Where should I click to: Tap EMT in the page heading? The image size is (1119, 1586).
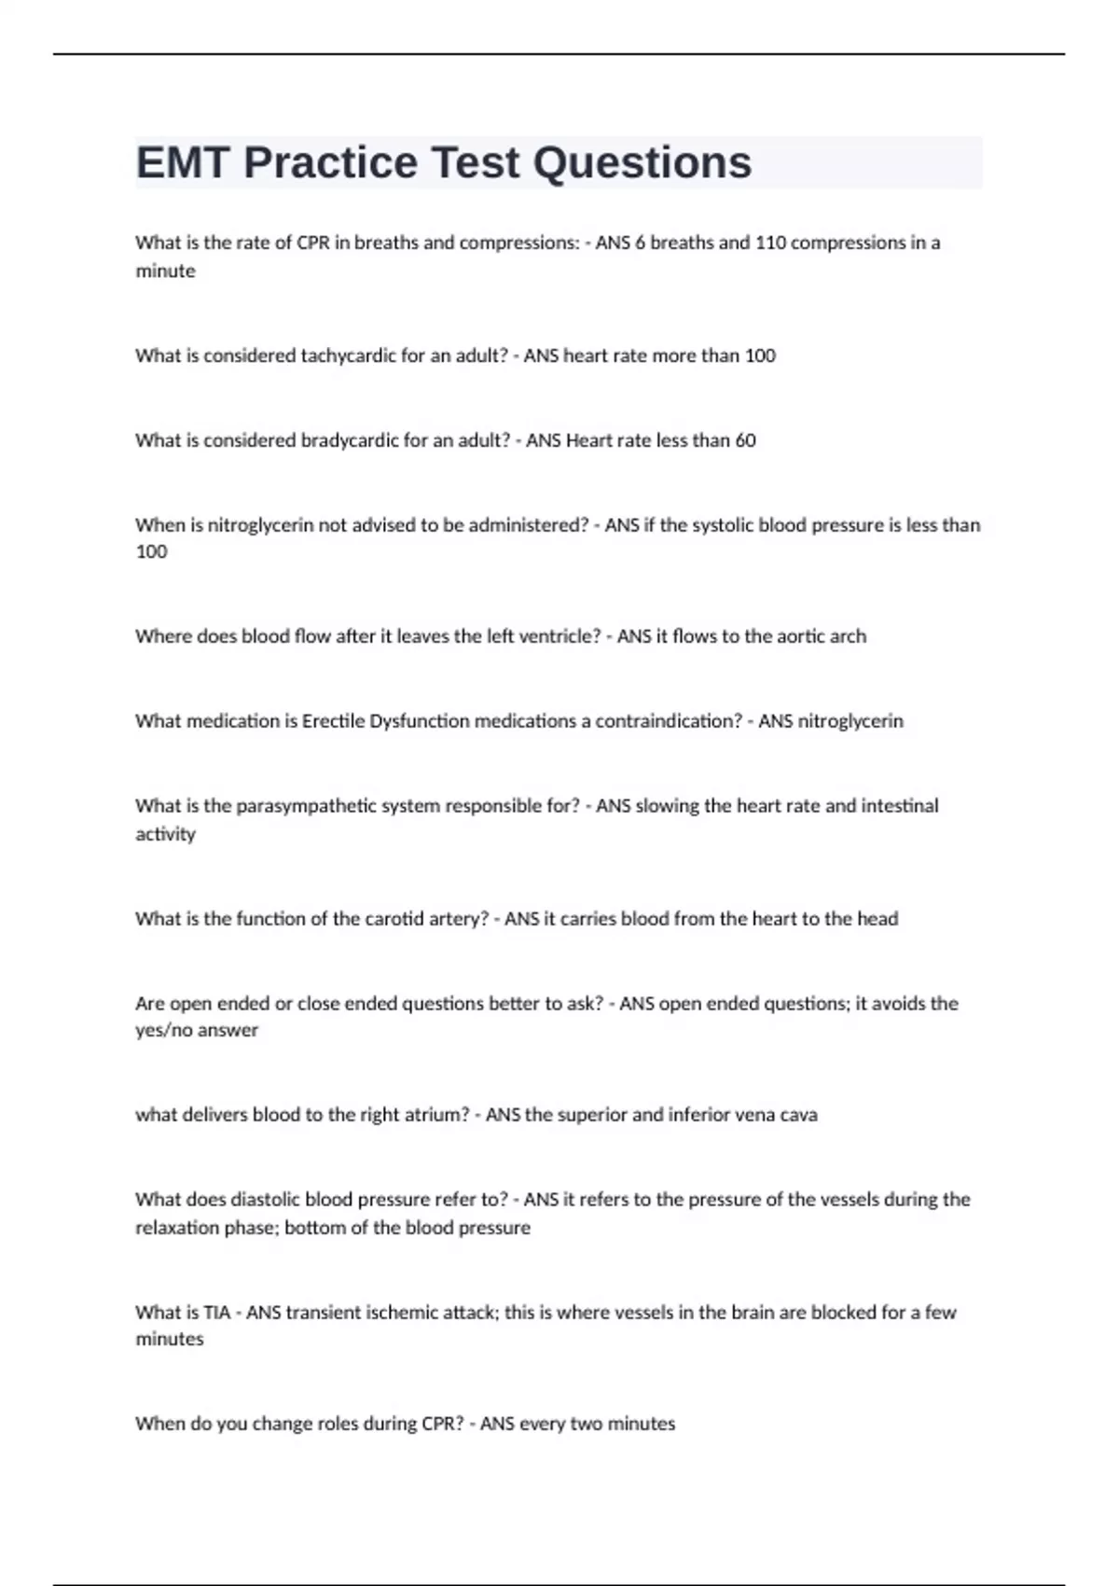click(183, 163)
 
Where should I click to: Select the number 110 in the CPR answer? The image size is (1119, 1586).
click(769, 243)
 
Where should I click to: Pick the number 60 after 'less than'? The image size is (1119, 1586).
click(745, 440)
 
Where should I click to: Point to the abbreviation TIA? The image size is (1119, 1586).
click(216, 1313)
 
